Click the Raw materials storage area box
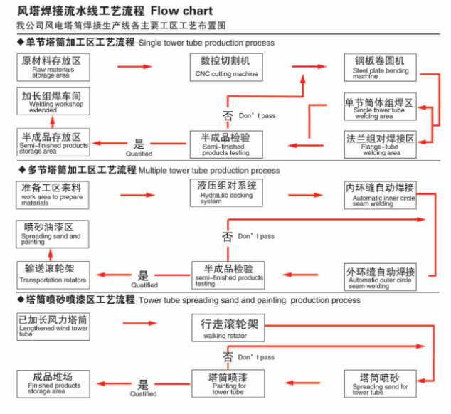pos(53,67)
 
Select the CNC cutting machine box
pos(225,67)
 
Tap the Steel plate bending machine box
pos(379,67)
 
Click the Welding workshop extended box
pos(53,101)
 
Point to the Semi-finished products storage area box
pos(53,142)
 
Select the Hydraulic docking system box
pos(227,192)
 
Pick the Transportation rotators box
pos(55,274)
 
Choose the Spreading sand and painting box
pos(51,234)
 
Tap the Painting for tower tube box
pos(227,383)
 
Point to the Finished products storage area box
pos(53,382)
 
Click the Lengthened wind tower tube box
pos(53,326)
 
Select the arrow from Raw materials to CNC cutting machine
pos(134,67)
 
